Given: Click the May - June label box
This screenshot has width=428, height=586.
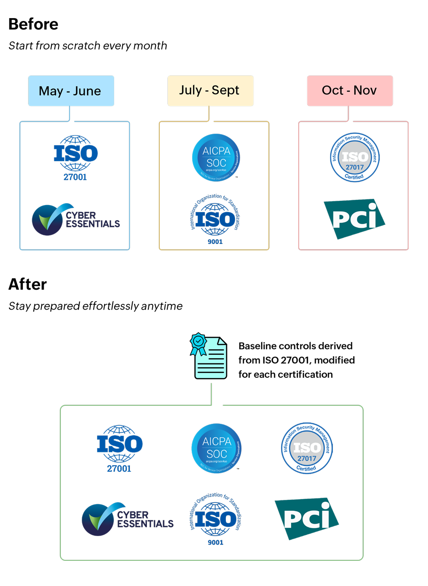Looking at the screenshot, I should pos(71,91).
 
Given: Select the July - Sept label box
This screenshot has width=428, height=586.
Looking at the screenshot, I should pos(210,90).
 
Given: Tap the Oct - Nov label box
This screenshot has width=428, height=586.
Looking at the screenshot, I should pos(350,90).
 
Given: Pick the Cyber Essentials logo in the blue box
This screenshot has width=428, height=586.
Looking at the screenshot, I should pos(76,219).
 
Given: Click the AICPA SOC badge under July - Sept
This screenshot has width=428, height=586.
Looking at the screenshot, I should pos(215,157).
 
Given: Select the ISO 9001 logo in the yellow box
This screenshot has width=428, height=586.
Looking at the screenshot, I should pos(214,220).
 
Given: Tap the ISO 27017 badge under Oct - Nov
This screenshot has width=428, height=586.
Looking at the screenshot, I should pos(355,157).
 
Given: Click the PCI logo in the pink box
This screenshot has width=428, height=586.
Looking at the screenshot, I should pos(354,218).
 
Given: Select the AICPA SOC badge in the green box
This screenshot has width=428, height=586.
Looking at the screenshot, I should pos(216,448).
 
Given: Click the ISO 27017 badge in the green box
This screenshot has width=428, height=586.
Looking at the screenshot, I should pos(307,448).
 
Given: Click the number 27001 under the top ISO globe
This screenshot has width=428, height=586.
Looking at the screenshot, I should pos(75,178).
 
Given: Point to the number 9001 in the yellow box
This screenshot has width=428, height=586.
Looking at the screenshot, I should pos(214,241).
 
